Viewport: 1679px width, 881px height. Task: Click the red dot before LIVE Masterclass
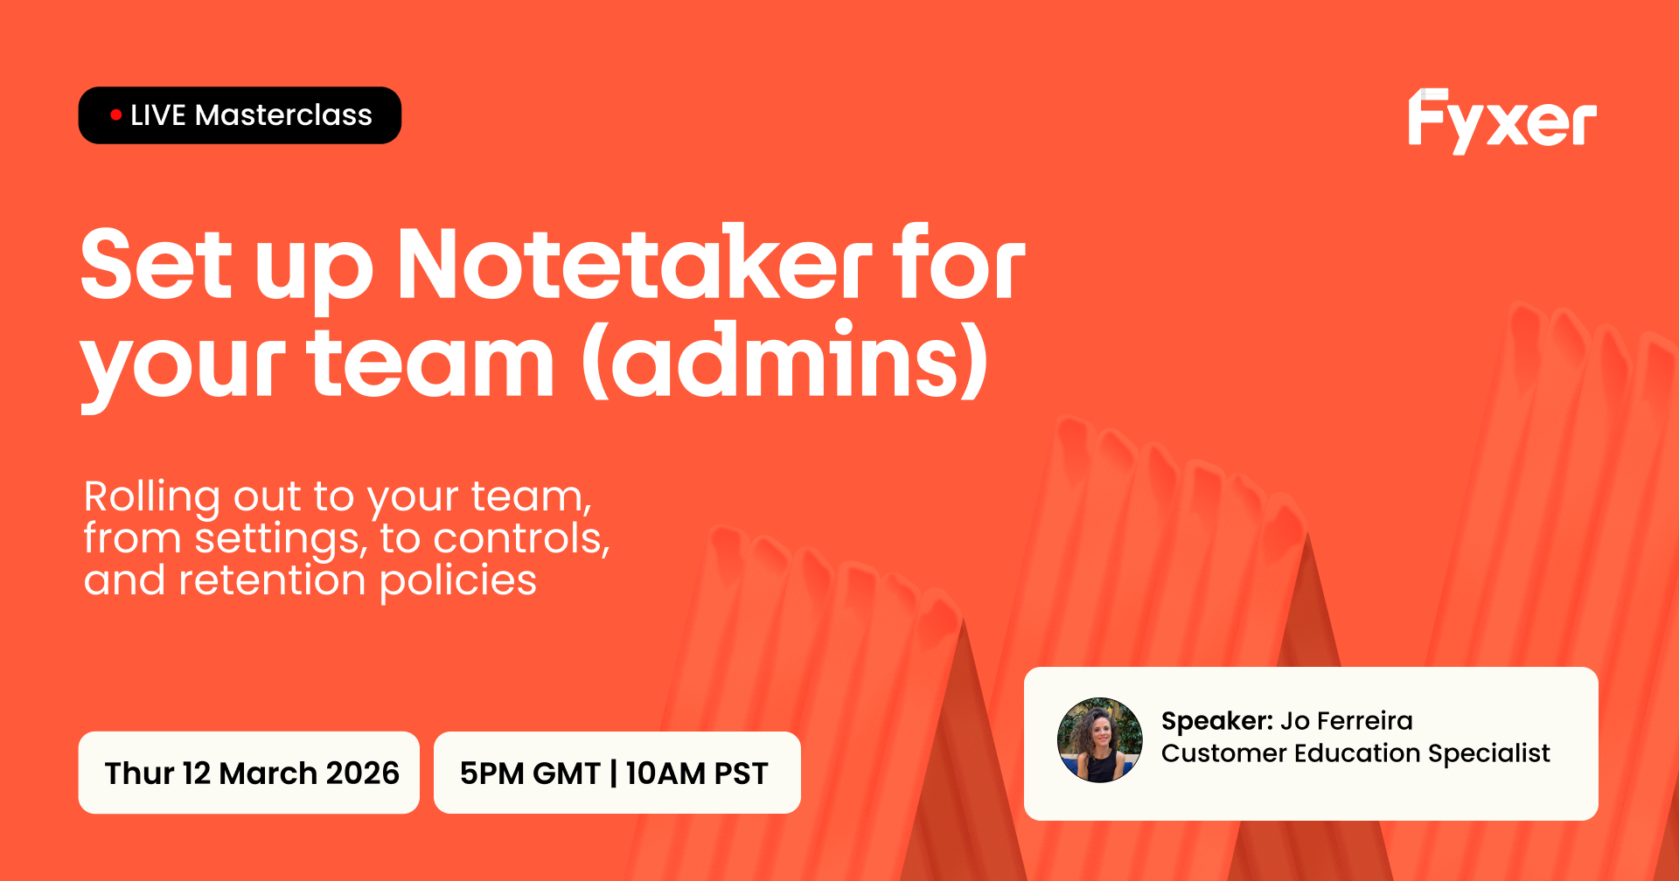pyautogui.click(x=115, y=114)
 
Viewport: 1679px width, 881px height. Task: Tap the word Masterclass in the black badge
pyautogui.click(x=283, y=115)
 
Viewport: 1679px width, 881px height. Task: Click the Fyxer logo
pyautogui.click(x=1501, y=121)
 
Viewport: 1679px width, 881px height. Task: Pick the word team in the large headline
pyautogui.click(x=430, y=362)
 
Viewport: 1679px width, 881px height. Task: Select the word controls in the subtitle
pyautogui.click(x=522, y=538)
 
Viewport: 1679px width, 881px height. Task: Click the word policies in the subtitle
pyautogui.click(x=458, y=581)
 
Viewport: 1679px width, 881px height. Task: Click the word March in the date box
pyautogui.click(x=268, y=773)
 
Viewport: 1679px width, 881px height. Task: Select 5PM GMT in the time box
pyautogui.click(x=530, y=773)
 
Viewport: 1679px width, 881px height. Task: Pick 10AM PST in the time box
pyautogui.click(x=697, y=773)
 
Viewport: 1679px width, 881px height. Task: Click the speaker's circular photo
pyautogui.click(x=1099, y=739)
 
